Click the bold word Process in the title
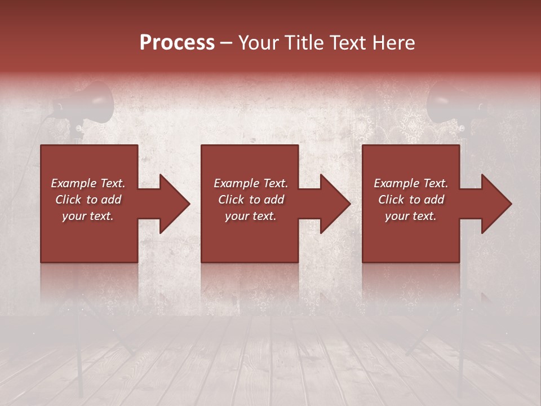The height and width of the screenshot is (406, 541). [x=177, y=43]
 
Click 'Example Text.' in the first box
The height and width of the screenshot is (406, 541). [x=88, y=183]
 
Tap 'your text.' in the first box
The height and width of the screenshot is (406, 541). [x=88, y=216]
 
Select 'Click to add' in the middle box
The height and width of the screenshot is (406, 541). [x=251, y=200]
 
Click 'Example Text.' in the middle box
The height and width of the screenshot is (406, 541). [x=251, y=183]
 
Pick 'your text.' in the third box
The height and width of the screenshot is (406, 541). [x=410, y=216]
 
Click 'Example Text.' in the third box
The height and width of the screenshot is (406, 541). [x=411, y=183]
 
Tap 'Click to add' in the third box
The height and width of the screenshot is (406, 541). [x=411, y=200]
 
